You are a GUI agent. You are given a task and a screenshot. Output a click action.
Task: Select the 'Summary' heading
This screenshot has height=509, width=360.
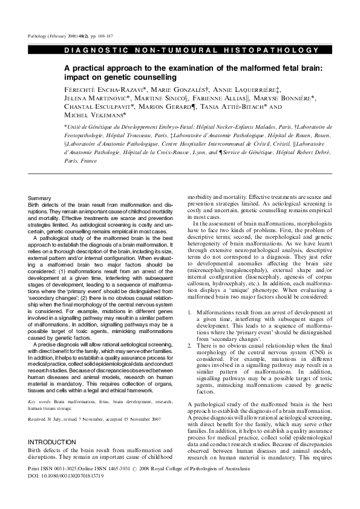[x=40, y=198]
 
